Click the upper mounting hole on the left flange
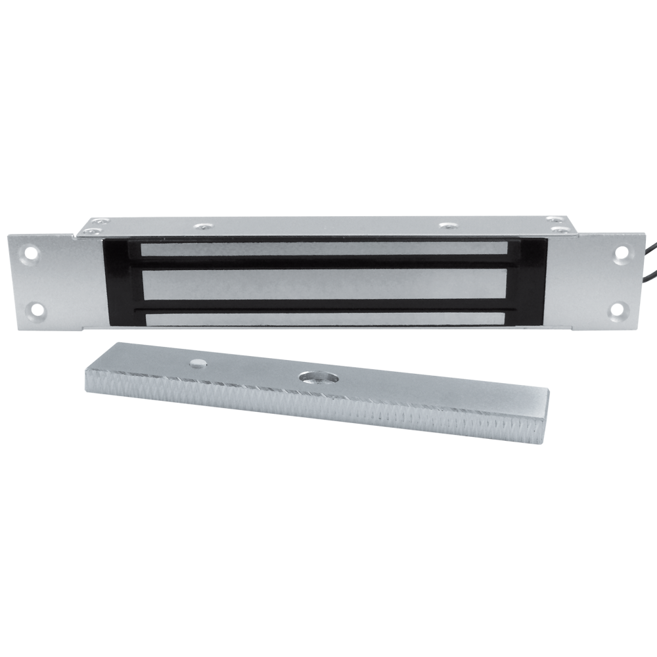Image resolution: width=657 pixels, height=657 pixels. click(x=30, y=250)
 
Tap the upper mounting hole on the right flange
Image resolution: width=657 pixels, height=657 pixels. click(x=620, y=252)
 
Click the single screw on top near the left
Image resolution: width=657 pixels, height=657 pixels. click(x=200, y=227)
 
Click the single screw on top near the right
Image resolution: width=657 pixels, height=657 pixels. click(x=449, y=227)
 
